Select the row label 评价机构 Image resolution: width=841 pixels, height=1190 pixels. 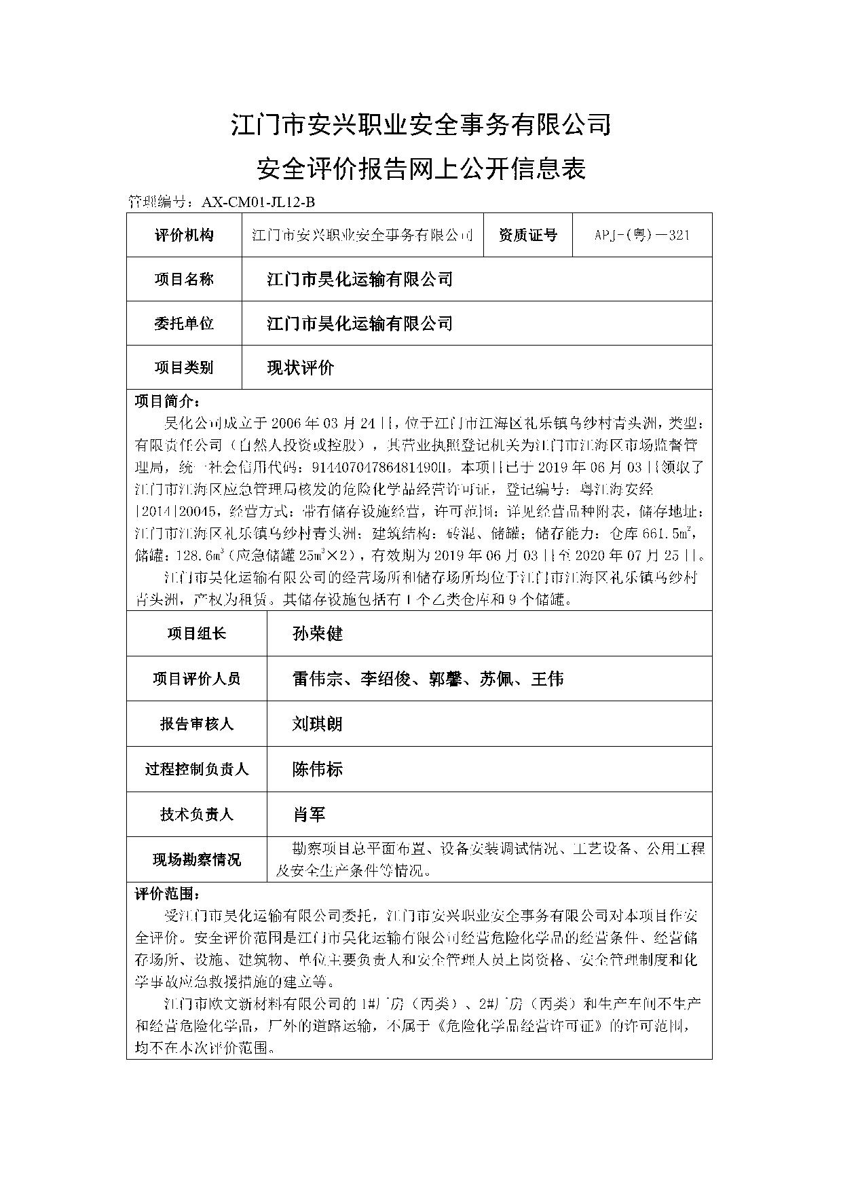pyautogui.click(x=184, y=236)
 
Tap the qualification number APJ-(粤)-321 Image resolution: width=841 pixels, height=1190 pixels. pyautogui.click(x=641, y=236)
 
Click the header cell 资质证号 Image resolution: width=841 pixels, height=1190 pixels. pyautogui.click(x=527, y=236)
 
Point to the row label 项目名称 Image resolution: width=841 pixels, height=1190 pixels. pyautogui.click(x=184, y=279)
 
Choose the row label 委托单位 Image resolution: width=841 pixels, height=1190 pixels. pyautogui.click(x=184, y=323)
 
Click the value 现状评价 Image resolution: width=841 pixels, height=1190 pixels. pyautogui.click(x=301, y=368)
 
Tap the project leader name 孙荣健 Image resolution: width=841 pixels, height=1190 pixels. pyautogui.click(x=318, y=634)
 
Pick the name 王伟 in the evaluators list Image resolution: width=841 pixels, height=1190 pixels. pyautogui.click(x=547, y=679)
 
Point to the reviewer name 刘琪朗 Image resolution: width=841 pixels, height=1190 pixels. pyautogui.click(x=317, y=724)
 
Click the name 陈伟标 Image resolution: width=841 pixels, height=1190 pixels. pyautogui.click(x=317, y=769)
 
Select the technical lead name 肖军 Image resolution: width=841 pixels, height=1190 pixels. pyautogui.click(x=309, y=815)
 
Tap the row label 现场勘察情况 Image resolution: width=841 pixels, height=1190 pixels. pyautogui.click(x=197, y=860)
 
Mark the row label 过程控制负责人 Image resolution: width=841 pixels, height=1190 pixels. pyautogui.click(x=197, y=769)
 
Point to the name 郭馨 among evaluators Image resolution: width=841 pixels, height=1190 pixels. pyautogui.click(x=445, y=679)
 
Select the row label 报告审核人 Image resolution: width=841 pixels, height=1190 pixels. pyautogui.click(x=197, y=724)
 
